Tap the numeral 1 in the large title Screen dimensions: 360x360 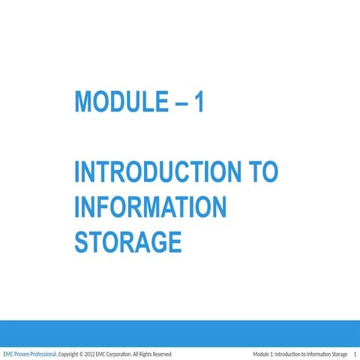(x=198, y=102)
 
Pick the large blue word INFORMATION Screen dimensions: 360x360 (x=150, y=207)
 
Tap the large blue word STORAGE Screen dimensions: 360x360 (x=128, y=241)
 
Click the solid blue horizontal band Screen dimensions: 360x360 (x=180, y=331)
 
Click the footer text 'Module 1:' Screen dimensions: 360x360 (x=263, y=354)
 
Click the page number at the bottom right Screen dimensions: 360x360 (x=353, y=354)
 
